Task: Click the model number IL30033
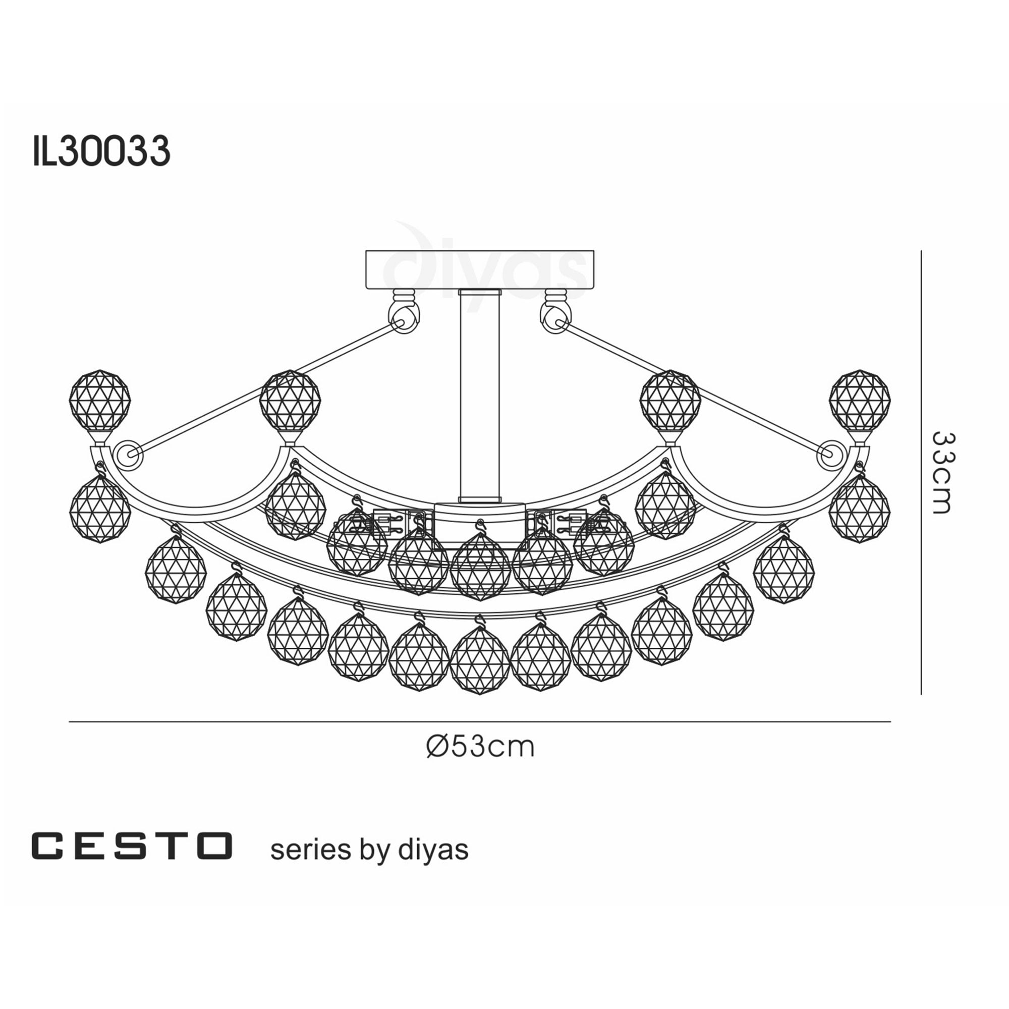pyautogui.click(x=101, y=151)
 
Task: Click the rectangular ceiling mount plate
pyautogui.click(x=479, y=269)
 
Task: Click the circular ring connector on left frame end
pyautogui.click(x=128, y=454)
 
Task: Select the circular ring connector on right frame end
pyautogui.click(x=831, y=454)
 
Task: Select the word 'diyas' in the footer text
pyautogui.click(x=433, y=850)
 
